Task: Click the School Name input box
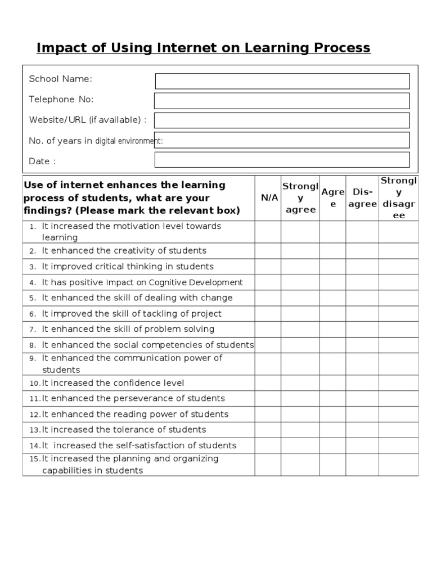(x=282, y=81)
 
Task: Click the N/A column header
(x=268, y=197)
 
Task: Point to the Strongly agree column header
(x=300, y=197)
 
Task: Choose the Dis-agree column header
(x=362, y=197)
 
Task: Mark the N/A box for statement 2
(x=268, y=251)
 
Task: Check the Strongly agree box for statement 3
(x=300, y=267)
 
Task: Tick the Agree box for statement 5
(x=333, y=298)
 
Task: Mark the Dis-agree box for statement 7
(x=362, y=329)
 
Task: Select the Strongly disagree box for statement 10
(x=398, y=383)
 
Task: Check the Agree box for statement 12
(x=333, y=415)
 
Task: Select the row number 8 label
(x=33, y=345)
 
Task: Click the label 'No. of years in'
(x=61, y=141)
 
